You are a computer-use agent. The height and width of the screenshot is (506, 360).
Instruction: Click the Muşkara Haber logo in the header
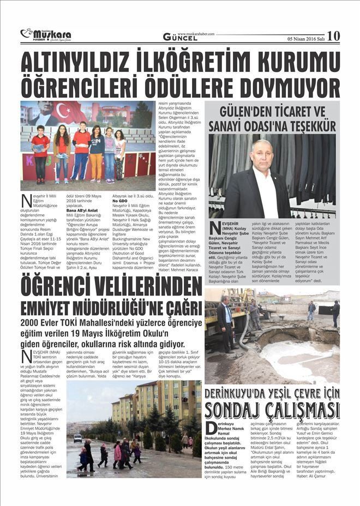pyautogui.click(x=46, y=35)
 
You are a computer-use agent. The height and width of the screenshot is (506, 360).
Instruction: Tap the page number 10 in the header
pyautogui.click(x=333, y=35)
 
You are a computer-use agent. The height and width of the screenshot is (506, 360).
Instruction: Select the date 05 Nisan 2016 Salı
pyautogui.click(x=305, y=38)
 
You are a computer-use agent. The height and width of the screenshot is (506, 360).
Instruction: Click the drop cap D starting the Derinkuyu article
pyautogui.click(x=211, y=428)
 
